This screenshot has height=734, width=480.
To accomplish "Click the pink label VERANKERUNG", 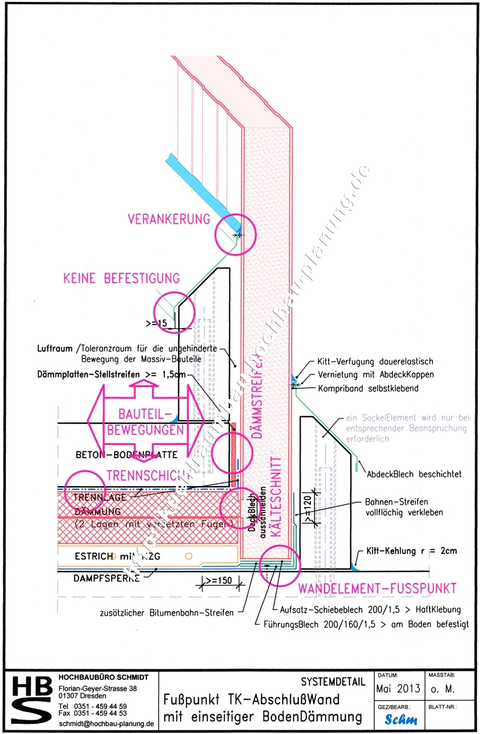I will [169, 219].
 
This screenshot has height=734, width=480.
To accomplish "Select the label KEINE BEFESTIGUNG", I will [121, 278].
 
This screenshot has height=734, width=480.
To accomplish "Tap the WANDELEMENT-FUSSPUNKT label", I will [378, 588].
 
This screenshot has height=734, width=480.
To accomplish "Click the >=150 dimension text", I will [218, 581].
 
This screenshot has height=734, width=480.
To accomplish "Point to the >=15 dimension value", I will [157, 324].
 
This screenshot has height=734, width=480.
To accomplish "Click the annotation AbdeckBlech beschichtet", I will [415, 474].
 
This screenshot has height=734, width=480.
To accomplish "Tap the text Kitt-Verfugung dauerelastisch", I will [375, 362].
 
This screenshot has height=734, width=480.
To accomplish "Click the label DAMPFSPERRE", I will [106, 579].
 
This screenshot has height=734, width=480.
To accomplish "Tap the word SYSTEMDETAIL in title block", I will [333, 682].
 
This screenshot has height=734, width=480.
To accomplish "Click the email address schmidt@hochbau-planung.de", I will [107, 724].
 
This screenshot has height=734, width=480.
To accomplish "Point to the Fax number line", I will [92, 714].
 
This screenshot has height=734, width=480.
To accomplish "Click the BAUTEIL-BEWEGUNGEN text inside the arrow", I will [143, 423].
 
